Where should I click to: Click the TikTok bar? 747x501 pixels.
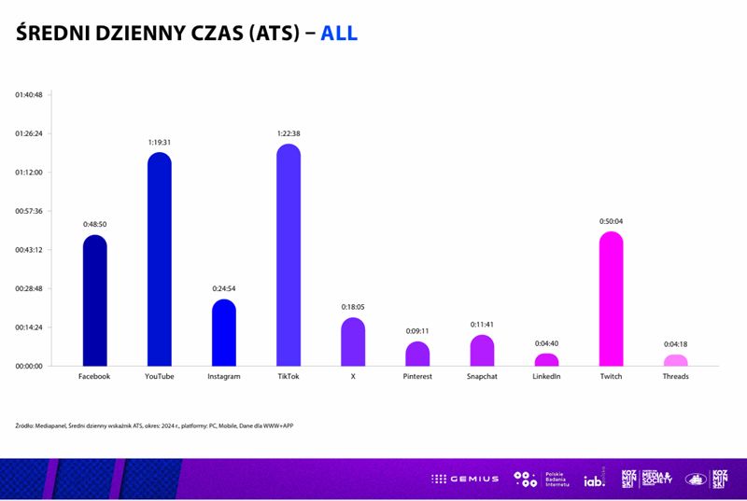click(x=289, y=257)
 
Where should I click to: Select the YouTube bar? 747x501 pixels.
click(x=160, y=261)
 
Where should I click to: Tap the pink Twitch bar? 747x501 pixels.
click(x=611, y=300)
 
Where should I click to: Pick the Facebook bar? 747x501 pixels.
click(x=95, y=301)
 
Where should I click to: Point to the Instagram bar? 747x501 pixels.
click(x=224, y=334)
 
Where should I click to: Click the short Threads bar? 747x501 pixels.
click(x=675, y=360)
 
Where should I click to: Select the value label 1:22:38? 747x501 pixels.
click(x=289, y=133)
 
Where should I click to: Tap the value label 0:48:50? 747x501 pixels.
click(x=95, y=224)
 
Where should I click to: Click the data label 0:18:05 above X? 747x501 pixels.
click(x=353, y=307)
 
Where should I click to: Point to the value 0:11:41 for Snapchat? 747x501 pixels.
click(x=482, y=325)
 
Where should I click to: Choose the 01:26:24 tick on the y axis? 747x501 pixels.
click(x=29, y=133)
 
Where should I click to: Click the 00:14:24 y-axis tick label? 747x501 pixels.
click(x=29, y=327)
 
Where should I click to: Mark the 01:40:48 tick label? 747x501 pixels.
click(x=29, y=94)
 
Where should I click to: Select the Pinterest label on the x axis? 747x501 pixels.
click(x=417, y=377)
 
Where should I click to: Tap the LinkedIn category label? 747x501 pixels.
click(x=546, y=377)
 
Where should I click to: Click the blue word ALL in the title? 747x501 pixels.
click(x=339, y=34)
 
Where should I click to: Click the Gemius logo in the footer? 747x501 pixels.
click(x=465, y=479)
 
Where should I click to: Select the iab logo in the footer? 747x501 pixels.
click(x=595, y=480)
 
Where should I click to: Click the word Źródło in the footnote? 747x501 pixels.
click(x=27, y=425)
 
